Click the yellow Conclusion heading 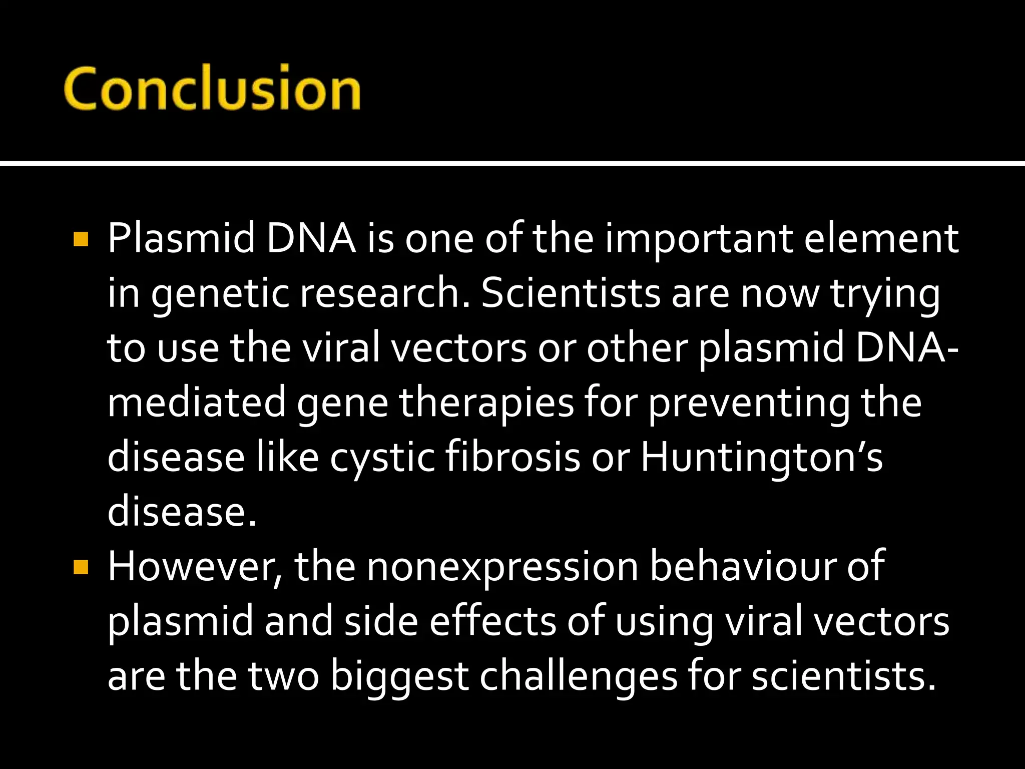point(212,89)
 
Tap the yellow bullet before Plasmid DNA point(81,239)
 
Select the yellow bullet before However point(81,567)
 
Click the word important point(699,239)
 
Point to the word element point(881,239)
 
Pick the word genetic point(220,294)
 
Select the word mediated point(196,403)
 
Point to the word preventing point(749,404)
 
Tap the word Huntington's point(761,458)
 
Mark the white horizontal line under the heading point(512,164)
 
